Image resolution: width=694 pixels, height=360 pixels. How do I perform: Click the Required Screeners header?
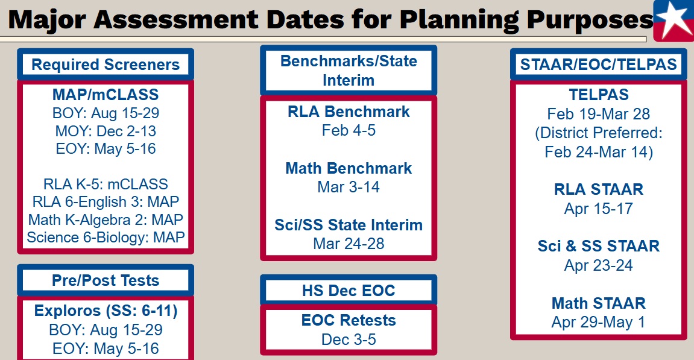(106, 65)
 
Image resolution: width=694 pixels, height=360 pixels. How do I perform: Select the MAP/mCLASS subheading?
(106, 94)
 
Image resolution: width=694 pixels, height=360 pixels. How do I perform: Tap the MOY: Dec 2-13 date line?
(106, 131)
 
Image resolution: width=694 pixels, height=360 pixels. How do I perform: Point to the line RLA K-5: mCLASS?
(106, 184)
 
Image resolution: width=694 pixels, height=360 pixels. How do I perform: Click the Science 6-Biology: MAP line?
(106, 238)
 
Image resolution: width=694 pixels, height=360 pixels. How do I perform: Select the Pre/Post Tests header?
(106, 280)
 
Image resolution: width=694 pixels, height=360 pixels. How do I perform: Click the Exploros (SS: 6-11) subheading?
(106, 311)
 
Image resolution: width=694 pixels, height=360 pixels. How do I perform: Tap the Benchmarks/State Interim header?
(349, 71)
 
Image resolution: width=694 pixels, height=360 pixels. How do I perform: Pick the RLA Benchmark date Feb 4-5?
(349, 130)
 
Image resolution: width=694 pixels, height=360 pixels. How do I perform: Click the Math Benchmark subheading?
(349, 168)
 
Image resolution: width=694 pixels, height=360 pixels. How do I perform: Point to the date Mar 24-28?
(349, 244)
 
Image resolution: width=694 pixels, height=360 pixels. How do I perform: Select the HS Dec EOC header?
(349, 291)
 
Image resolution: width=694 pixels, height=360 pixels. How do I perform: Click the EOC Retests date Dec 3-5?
(349, 339)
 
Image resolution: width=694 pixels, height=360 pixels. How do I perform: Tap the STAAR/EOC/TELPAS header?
(598, 65)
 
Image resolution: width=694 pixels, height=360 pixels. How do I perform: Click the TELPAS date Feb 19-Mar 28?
(598, 114)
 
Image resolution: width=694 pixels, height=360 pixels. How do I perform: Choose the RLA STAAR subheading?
(598, 189)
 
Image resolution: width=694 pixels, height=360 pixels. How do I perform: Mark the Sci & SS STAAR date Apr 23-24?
(598, 265)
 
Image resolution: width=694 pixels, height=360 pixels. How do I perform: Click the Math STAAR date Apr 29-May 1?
(598, 322)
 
